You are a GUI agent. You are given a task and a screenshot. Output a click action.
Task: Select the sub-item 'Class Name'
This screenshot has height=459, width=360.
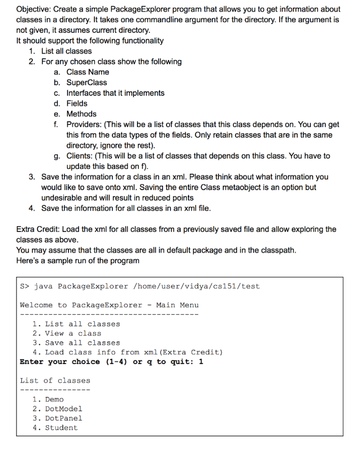click(x=88, y=72)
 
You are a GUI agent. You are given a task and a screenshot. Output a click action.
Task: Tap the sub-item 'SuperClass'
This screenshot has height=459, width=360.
click(x=87, y=82)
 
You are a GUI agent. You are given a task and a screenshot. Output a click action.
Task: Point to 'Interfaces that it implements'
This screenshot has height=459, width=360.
click(x=116, y=93)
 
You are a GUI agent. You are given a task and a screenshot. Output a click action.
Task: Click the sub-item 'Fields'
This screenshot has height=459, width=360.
click(x=77, y=104)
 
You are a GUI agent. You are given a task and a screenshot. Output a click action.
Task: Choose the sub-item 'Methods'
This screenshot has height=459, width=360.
click(x=81, y=114)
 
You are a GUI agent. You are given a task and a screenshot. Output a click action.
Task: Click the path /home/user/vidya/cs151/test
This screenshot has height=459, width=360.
click(x=196, y=286)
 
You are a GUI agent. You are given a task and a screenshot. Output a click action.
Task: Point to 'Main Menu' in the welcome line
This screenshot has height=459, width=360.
click(x=177, y=305)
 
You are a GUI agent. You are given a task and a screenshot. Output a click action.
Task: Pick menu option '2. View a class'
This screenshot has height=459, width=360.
click(x=67, y=333)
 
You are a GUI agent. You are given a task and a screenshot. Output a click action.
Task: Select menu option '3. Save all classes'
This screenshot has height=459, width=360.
click(x=76, y=343)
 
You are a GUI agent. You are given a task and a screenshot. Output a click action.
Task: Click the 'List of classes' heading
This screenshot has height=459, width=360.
click(x=55, y=381)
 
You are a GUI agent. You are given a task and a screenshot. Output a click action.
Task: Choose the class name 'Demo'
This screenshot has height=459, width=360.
click(x=54, y=399)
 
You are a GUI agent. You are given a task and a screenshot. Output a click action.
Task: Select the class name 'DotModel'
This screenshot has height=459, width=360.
click(x=64, y=409)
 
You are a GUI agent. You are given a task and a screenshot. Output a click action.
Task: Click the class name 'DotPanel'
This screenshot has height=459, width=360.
click(x=64, y=418)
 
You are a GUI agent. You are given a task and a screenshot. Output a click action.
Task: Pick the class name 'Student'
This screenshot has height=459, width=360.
click(x=61, y=428)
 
